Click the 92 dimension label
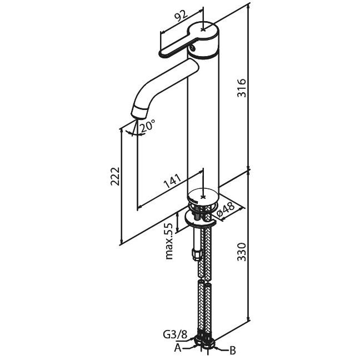point(181,17)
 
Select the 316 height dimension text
point(242,88)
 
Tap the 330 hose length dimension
point(242,252)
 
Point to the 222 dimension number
point(115,176)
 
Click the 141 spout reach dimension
point(172,181)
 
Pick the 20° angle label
point(147,126)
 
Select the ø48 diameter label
point(226,209)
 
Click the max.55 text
point(169,241)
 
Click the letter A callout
point(178,349)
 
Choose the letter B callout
point(232,351)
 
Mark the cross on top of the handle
point(203,29)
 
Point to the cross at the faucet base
point(203,197)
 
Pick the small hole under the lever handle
point(192,48)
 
